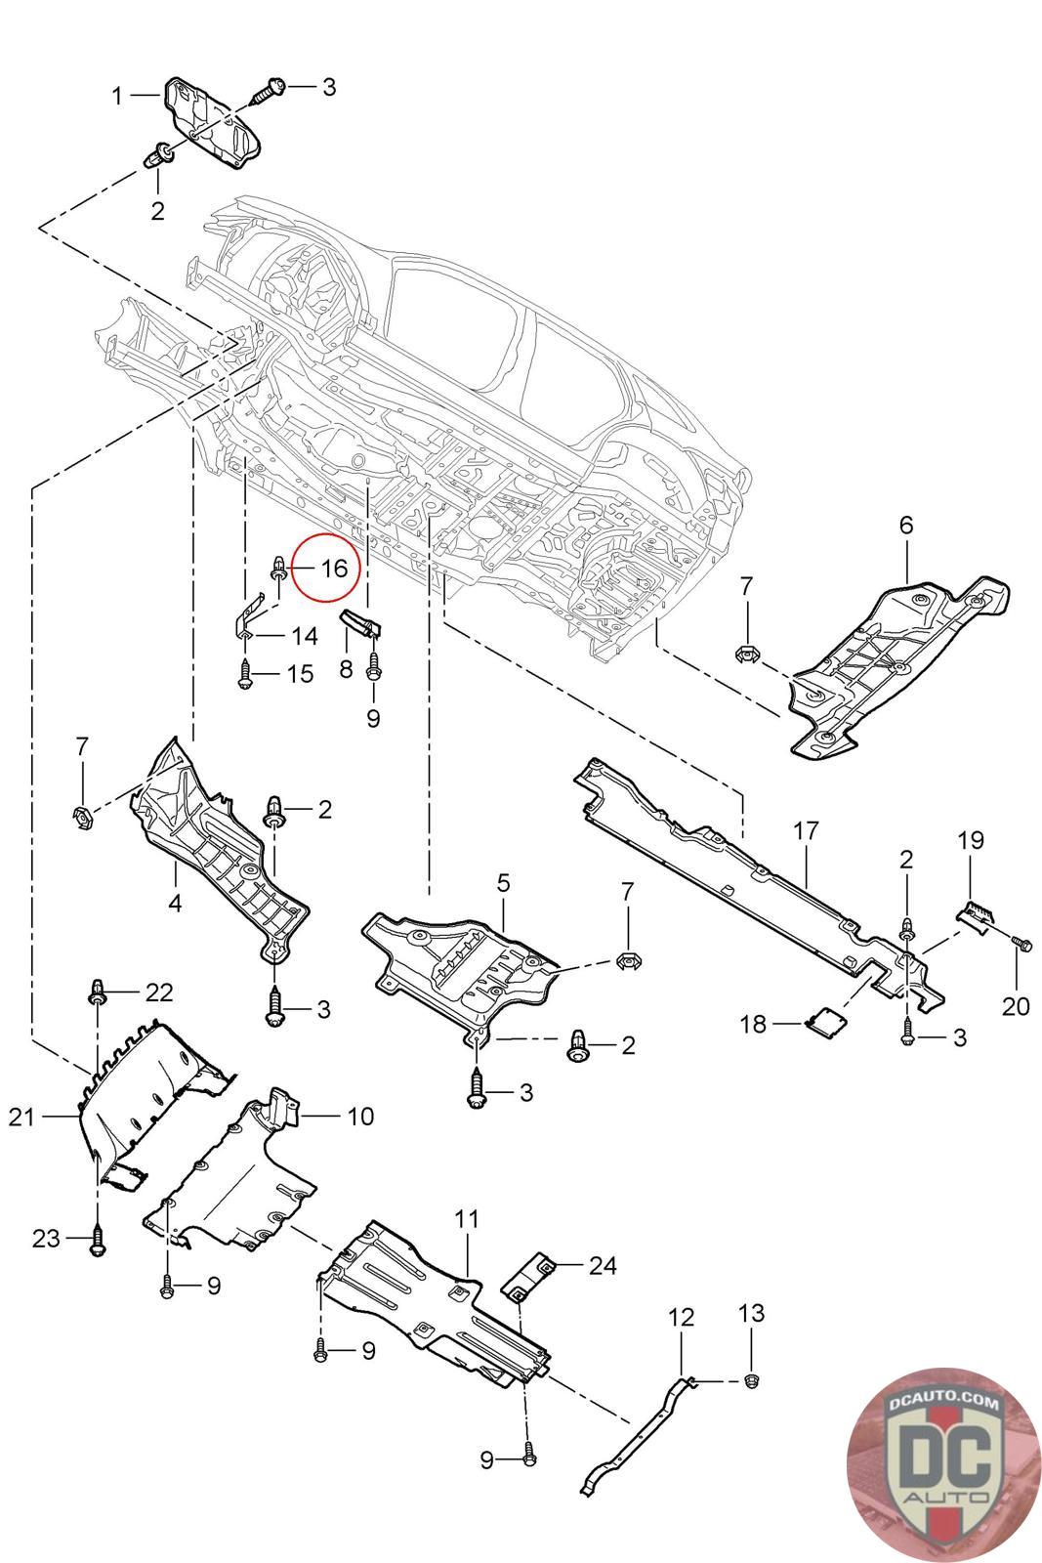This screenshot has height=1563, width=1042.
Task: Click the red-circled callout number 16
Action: [334, 568]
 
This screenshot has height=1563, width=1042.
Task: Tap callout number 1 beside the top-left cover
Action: [117, 96]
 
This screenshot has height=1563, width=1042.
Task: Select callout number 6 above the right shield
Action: [906, 525]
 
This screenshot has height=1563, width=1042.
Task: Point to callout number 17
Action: [806, 831]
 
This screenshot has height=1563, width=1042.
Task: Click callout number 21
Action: [21, 1117]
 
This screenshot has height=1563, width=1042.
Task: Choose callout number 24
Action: [603, 1265]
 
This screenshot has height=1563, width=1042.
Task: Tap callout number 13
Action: [751, 1313]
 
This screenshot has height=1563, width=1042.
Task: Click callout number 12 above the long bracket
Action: [682, 1318]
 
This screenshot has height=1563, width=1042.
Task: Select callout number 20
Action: [1016, 1006]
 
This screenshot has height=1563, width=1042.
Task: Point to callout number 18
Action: [753, 1024]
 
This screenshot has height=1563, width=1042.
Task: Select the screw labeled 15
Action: [244, 675]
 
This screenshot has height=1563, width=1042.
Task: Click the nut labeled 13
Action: [750, 1380]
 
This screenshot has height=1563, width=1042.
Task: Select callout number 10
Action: [360, 1117]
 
